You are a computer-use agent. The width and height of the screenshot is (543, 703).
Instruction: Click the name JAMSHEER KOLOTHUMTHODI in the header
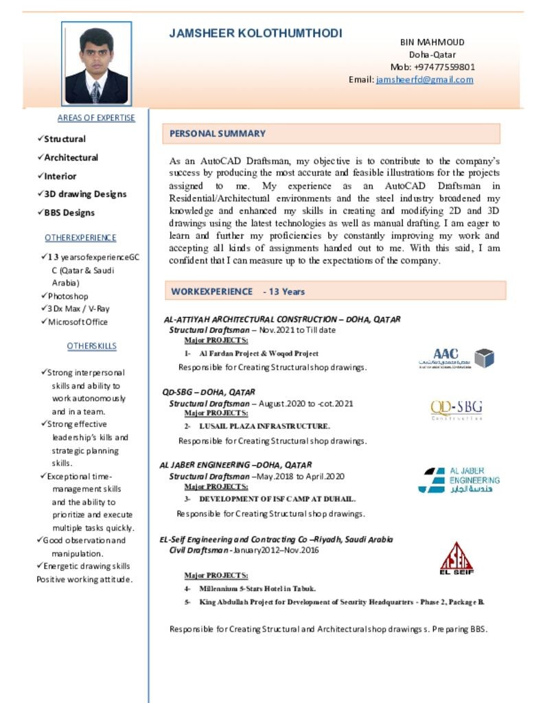coord(255,34)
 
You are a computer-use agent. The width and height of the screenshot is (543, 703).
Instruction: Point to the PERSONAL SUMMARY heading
coord(218,133)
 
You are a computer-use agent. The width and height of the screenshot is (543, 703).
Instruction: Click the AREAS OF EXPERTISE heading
coord(96,118)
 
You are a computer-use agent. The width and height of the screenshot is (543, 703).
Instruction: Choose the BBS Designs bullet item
coord(69,213)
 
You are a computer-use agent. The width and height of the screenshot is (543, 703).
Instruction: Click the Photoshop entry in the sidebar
coord(68,296)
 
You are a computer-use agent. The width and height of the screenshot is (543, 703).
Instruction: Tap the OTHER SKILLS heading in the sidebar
coord(92,346)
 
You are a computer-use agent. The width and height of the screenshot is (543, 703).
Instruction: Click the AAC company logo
coord(456,358)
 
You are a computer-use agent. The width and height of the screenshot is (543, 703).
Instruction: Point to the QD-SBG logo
coord(457,410)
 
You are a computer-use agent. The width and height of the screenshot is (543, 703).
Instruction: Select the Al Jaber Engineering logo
coord(459,480)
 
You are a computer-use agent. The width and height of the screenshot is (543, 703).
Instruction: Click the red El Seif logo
coord(457,558)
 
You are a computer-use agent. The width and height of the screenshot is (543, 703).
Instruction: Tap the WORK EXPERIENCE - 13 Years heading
coord(238,291)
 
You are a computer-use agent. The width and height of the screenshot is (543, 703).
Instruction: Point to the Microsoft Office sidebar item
coord(78,322)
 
